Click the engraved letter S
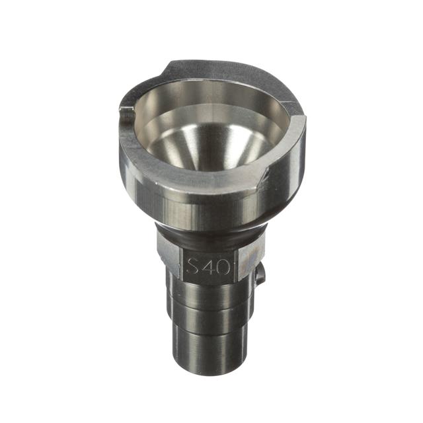point(194,266)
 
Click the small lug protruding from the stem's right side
point(260,275)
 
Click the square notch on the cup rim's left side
point(126,109)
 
